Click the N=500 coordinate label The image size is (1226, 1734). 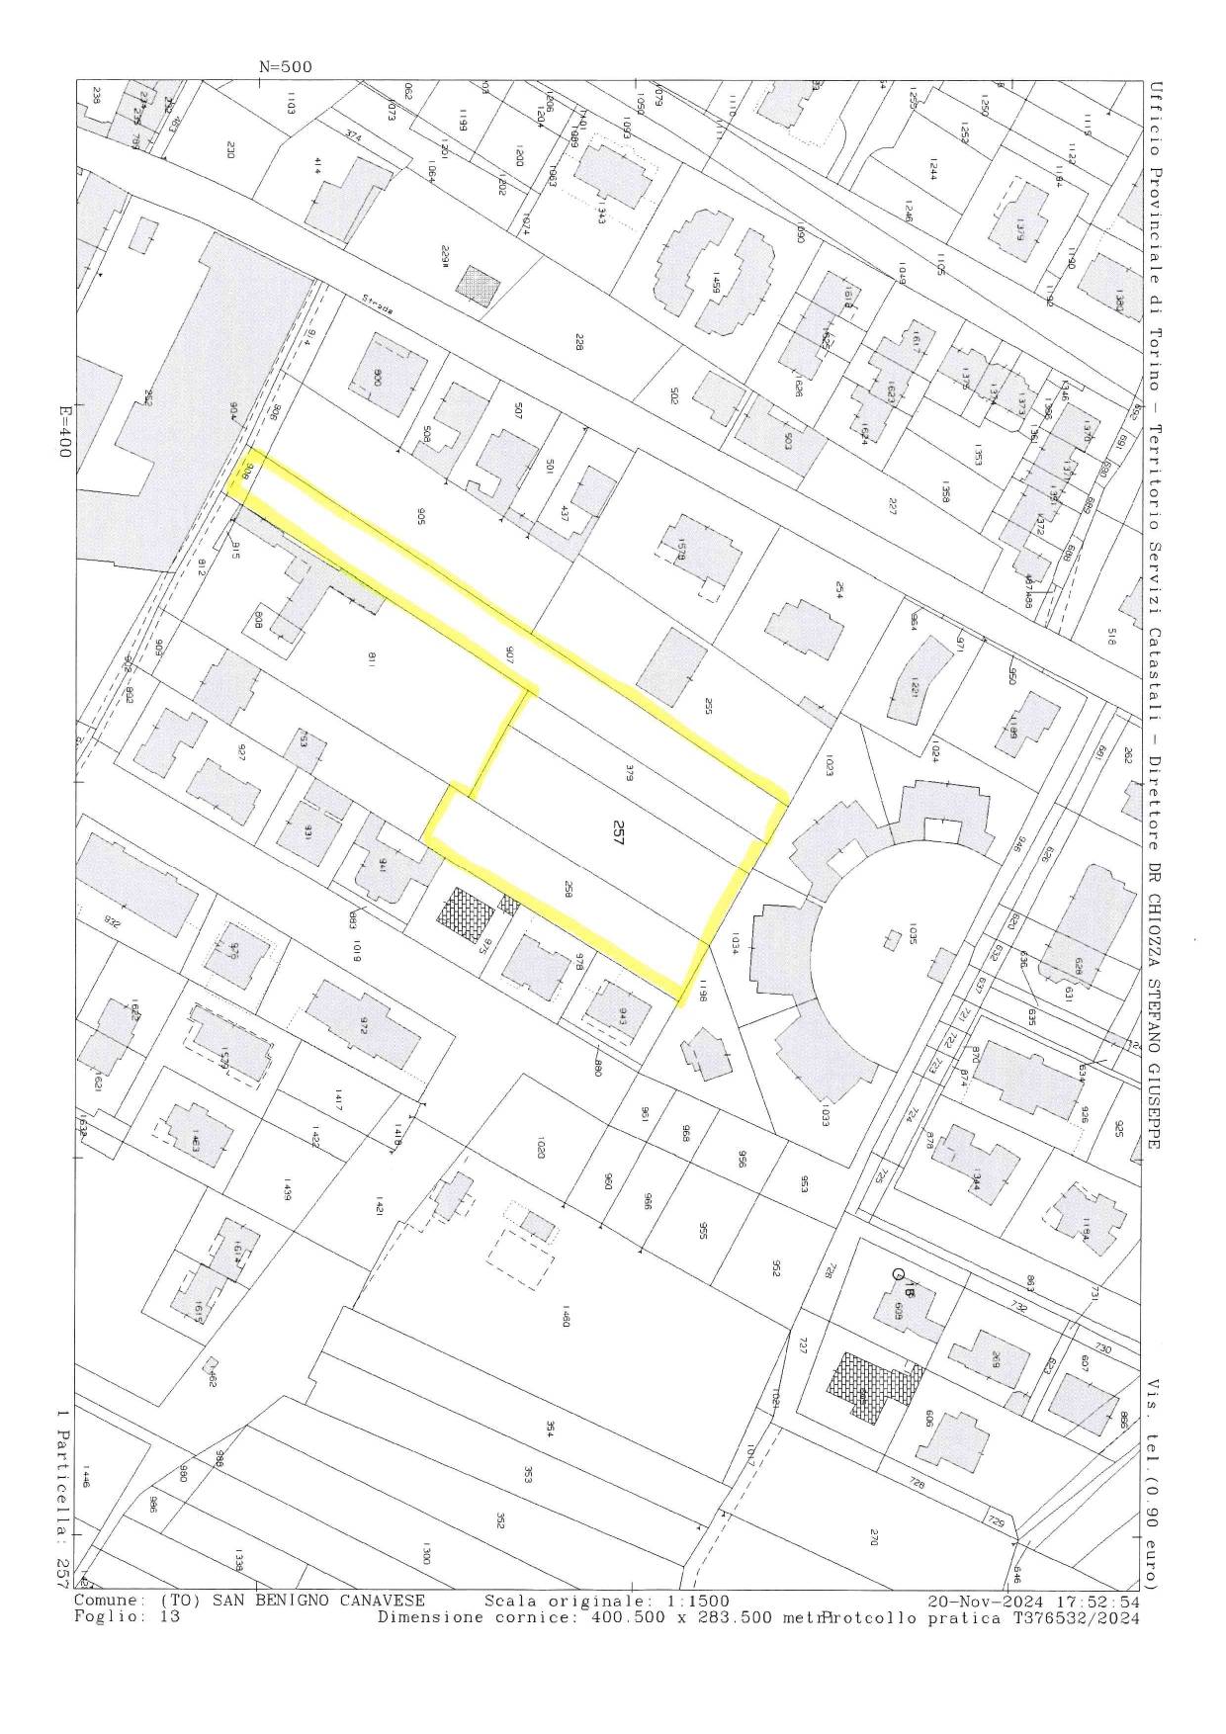point(285,67)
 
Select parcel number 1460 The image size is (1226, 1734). point(565,1317)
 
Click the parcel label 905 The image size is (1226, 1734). point(421,514)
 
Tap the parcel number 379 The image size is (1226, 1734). point(629,775)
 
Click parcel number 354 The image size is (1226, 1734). point(549,1429)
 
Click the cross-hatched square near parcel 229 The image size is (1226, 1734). point(478,287)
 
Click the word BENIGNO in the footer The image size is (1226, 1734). point(321,1601)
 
